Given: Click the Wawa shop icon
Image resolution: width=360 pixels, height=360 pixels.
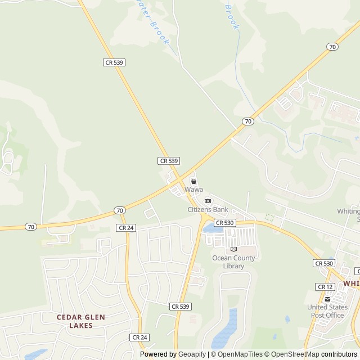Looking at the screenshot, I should (x=193, y=182).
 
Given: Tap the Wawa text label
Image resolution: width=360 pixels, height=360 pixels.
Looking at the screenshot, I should (x=193, y=190).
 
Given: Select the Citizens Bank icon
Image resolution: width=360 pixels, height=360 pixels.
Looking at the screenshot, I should (x=208, y=201).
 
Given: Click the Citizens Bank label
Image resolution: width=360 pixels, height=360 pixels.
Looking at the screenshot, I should (x=208, y=209).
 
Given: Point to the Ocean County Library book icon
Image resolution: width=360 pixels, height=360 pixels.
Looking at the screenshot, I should (x=233, y=249).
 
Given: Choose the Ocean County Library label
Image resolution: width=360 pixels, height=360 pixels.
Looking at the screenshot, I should (x=233, y=262).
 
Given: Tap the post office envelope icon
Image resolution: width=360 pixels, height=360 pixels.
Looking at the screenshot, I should (x=327, y=299).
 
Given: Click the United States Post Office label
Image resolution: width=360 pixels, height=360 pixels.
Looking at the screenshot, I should (x=327, y=311).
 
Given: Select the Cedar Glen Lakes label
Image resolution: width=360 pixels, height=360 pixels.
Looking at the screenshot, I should (x=82, y=321).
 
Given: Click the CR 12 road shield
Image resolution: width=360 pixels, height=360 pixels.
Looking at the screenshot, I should (x=325, y=287).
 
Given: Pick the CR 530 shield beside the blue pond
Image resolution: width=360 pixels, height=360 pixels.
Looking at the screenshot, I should (x=224, y=223).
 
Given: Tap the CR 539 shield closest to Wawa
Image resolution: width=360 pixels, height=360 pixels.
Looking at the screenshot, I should (x=169, y=161).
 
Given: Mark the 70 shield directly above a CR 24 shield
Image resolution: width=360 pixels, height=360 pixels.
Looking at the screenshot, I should (x=119, y=210).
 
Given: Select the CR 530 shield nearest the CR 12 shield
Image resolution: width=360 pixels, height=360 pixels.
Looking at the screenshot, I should (x=324, y=263).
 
